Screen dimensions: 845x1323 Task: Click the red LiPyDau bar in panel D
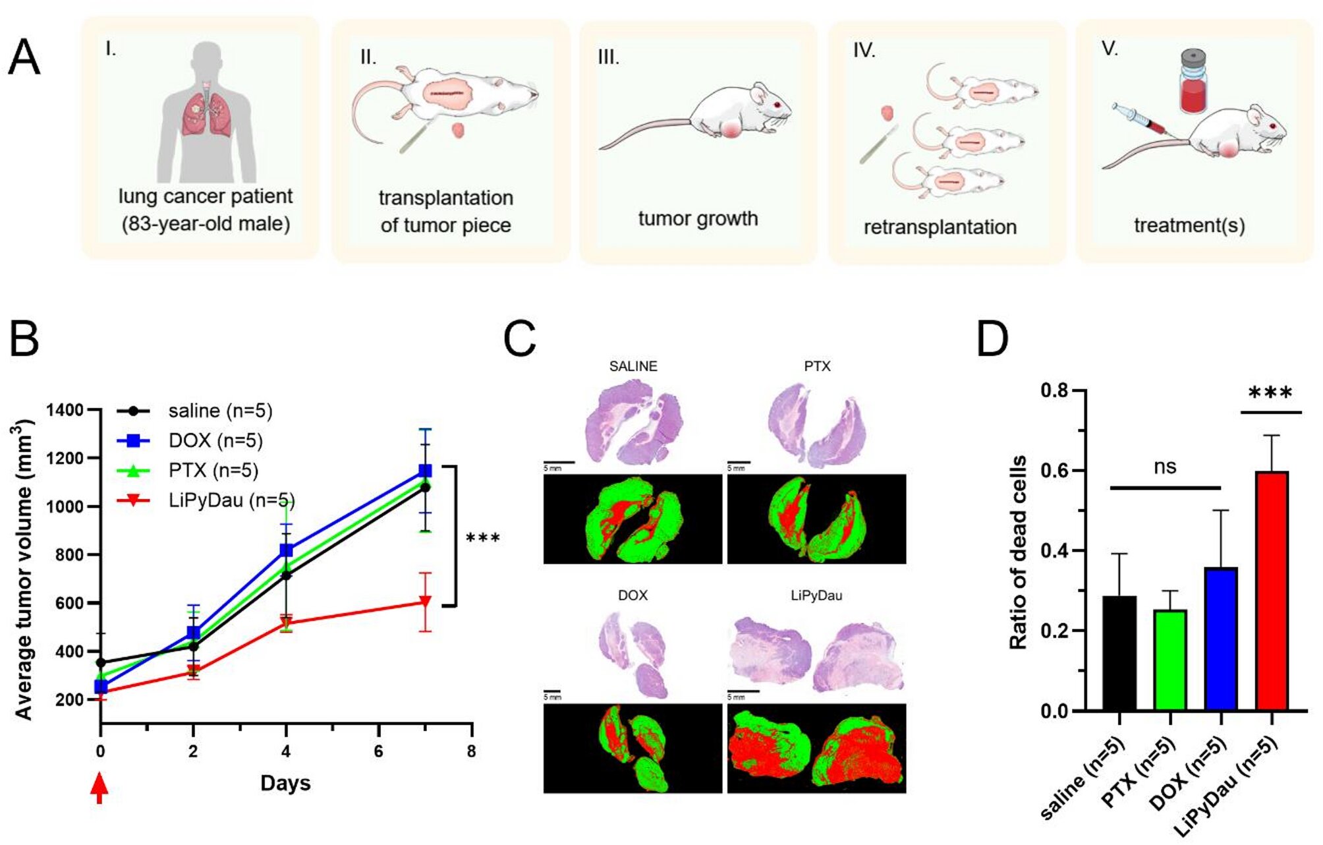1272,591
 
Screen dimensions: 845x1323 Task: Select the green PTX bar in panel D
1170,660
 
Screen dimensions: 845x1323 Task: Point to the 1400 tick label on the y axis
65,410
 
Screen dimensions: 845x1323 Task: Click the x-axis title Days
285,783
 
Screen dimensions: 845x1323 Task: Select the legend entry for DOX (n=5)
215,440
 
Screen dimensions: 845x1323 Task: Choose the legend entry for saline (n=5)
219,411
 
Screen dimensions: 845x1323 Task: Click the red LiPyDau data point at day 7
426,601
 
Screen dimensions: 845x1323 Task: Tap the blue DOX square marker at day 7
426,471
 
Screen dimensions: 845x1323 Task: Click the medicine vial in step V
1193,81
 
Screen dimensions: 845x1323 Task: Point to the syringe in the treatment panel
1141,120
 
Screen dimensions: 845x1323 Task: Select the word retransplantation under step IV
940,227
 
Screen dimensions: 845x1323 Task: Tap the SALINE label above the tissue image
633,366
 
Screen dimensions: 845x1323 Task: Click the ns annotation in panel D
1165,467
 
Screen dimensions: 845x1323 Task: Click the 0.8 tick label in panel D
1054,391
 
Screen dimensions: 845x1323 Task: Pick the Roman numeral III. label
608,57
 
